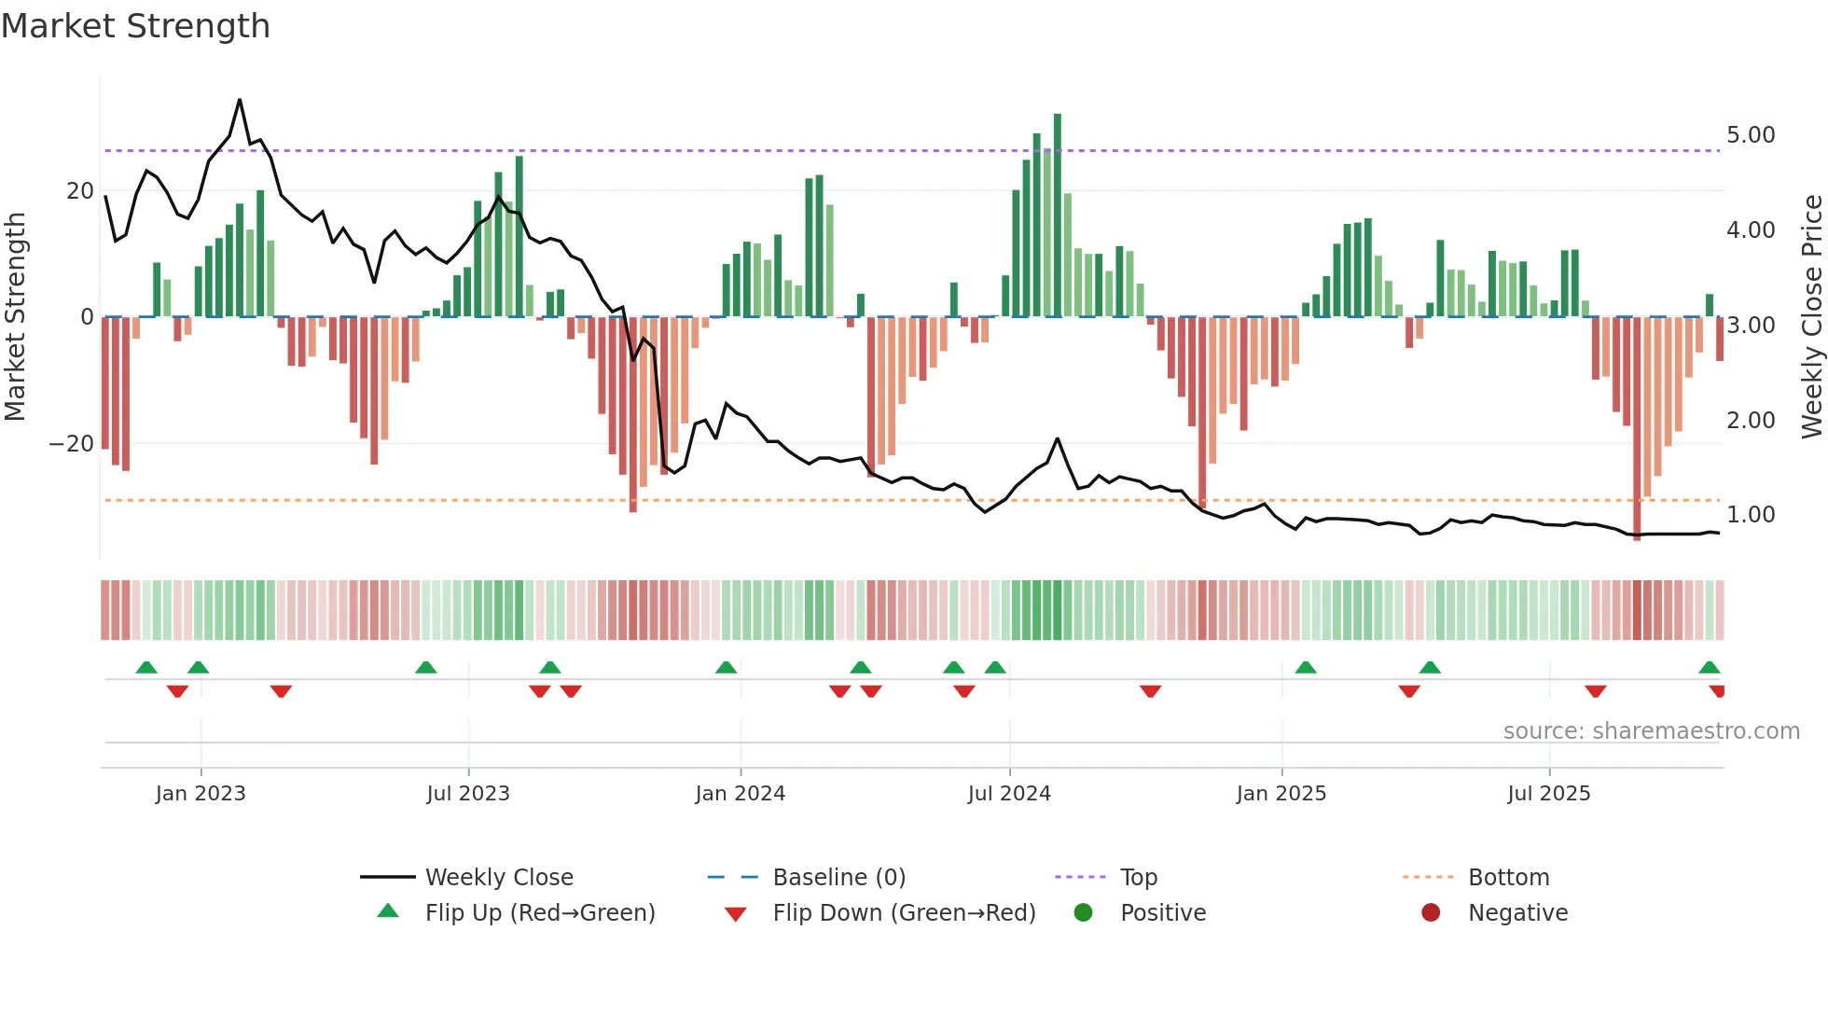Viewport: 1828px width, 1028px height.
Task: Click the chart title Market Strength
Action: (135, 26)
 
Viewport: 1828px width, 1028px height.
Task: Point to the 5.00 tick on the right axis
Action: (1750, 135)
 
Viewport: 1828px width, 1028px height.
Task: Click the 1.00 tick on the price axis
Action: (1750, 515)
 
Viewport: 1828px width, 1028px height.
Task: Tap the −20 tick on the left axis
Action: (71, 444)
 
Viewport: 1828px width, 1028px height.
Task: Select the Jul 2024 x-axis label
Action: (1009, 794)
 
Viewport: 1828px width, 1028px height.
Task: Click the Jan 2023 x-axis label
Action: (201, 794)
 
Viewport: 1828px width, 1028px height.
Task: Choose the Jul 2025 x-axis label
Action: (1548, 794)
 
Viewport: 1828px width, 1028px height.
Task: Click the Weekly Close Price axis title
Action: (1811, 317)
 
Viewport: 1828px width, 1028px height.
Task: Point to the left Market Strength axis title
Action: (15, 317)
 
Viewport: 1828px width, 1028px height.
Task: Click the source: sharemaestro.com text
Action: (1651, 731)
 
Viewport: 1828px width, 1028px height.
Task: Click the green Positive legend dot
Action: (1083, 913)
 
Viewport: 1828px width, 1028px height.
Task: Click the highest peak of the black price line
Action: (240, 101)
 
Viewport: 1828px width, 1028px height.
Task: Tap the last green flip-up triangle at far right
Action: (1709, 668)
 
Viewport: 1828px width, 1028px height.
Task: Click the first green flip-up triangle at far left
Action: (146, 668)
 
